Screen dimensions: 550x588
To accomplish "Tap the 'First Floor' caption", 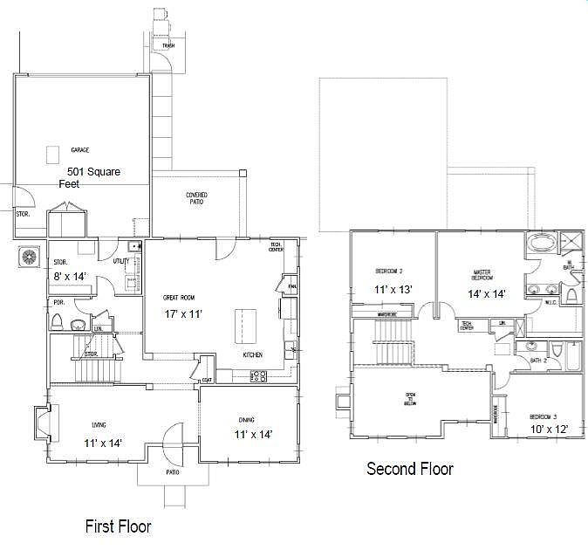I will pos(118,526).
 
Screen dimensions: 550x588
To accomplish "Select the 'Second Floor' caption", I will pos(410,470).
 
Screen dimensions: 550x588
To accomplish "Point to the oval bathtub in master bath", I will pos(543,244).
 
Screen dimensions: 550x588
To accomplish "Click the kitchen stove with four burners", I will pos(259,376).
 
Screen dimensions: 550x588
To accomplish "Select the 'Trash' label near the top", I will pos(168,45).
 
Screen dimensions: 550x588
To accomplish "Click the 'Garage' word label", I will pos(80,149).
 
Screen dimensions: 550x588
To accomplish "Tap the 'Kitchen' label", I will pos(253,355).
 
